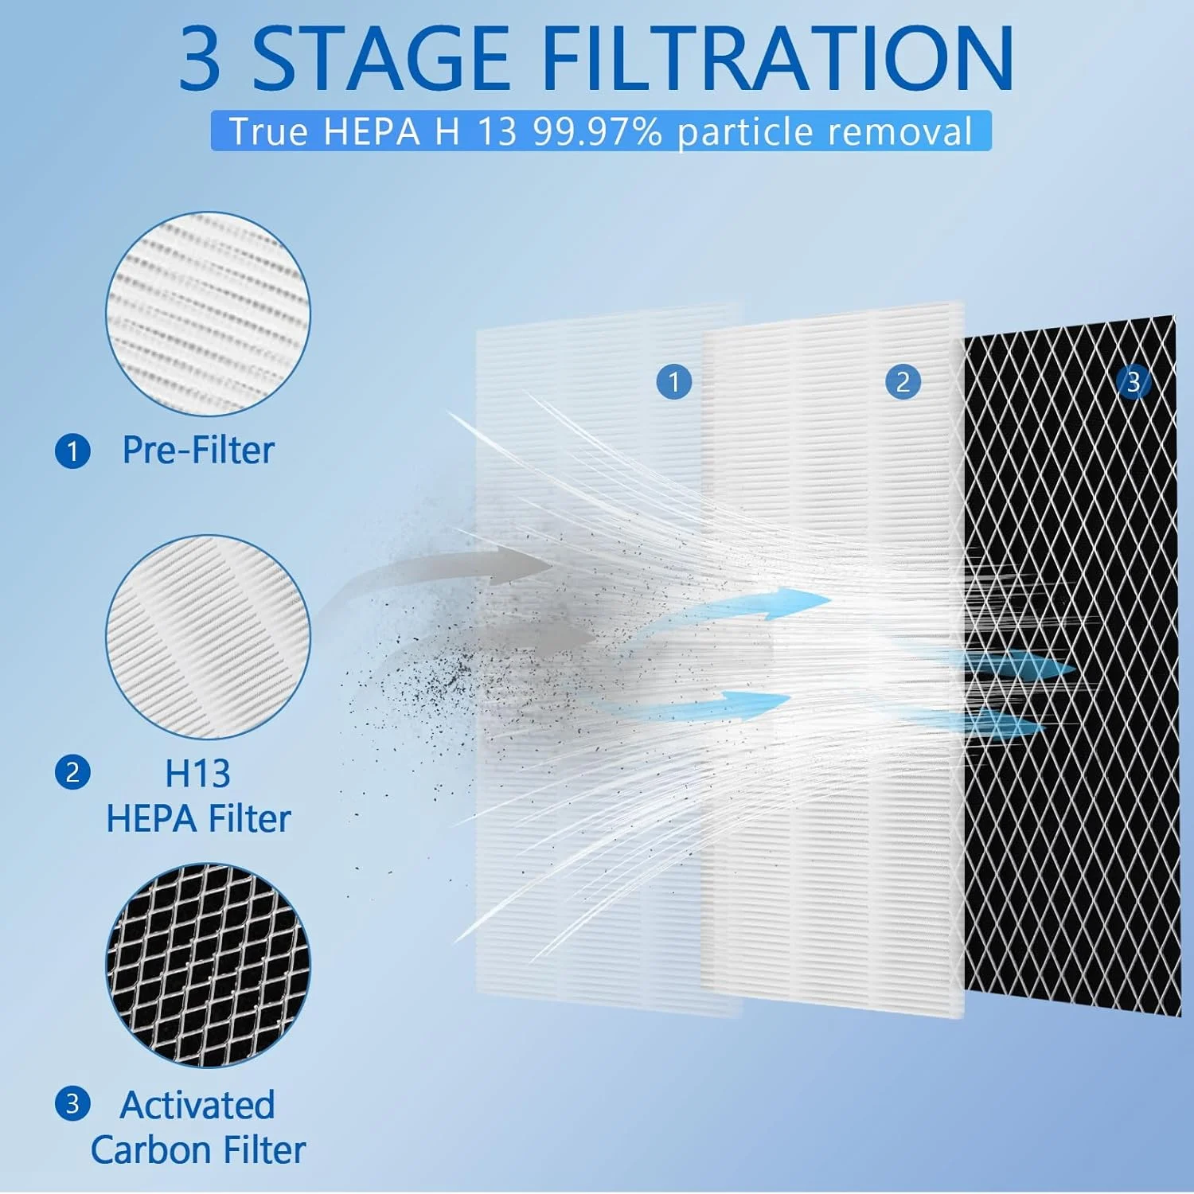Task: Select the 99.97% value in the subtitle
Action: click(x=597, y=131)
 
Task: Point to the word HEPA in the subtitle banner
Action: click(x=372, y=131)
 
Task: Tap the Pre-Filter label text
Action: click(x=198, y=451)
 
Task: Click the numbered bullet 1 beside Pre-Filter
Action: click(x=72, y=451)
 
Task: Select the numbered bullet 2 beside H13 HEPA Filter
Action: click(x=72, y=772)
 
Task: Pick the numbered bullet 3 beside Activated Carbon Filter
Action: click(x=72, y=1104)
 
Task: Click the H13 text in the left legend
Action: click(x=197, y=774)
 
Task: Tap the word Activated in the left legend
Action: click(x=197, y=1105)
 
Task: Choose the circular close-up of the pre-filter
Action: click(x=208, y=313)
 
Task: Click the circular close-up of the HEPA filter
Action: click(x=208, y=636)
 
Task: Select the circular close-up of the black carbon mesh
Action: click(x=208, y=965)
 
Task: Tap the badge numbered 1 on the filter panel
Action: click(x=673, y=382)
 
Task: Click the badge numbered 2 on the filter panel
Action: click(x=903, y=382)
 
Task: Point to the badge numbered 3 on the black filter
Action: click(x=1134, y=382)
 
